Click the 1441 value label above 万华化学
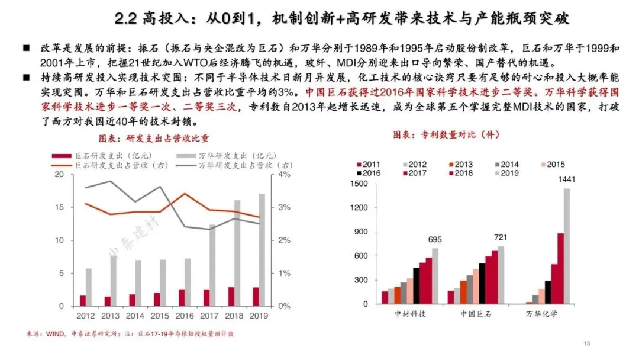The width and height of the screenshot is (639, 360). [x=566, y=179]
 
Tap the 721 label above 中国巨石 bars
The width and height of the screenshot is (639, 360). [x=501, y=237]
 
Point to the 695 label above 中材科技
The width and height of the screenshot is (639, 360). [x=435, y=239]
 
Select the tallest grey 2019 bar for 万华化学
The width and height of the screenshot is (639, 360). [x=567, y=246]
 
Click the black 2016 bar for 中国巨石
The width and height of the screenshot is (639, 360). [x=482, y=284]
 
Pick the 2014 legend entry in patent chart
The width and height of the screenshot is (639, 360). [x=506, y=164]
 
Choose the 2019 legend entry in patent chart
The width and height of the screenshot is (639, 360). [x=506, y=173]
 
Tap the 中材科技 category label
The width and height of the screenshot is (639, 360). [x=409, y=314]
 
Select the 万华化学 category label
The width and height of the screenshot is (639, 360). [x=541, y=314]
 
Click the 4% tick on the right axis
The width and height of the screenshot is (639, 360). [x=284, y=175]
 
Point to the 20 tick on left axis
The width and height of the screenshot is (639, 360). [x=60, y=175]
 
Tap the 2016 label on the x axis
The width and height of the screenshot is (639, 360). [x=184, y=316]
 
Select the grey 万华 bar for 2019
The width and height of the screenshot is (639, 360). [x=262, y=250]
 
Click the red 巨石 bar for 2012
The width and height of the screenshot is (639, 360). [x=83, y=301]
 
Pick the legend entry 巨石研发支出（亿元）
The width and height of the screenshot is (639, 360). [x=102, y=156]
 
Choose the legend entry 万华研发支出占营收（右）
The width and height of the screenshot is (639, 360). [x=234, y=165]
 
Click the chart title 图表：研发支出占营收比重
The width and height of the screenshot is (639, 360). [x=154, y=139]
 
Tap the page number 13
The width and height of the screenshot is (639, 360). [x=587, y=343]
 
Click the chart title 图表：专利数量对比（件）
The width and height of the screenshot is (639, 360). [x=446, y=134]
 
